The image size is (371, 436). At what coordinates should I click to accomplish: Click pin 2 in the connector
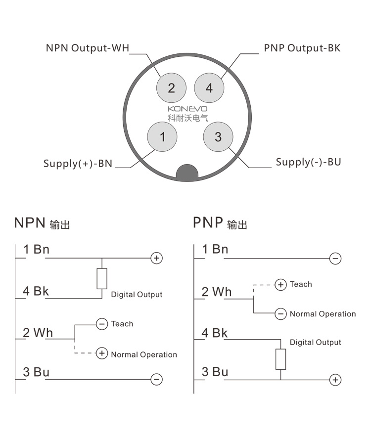tap(171, 88)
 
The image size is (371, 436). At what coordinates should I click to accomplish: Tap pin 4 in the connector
tap(209, 88)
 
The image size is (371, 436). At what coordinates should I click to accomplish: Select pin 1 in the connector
tap(163, 136)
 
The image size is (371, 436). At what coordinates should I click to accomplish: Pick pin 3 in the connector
tap(218, 136)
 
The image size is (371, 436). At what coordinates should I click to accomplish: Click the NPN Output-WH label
tap(88, 48)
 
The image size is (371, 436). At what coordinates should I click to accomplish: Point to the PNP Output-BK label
tap(302, 48)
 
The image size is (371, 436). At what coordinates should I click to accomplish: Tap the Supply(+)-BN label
tap(78, 163)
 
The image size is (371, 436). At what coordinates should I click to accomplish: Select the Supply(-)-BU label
tap(308, 162)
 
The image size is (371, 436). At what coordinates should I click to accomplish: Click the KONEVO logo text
tap(187, 108)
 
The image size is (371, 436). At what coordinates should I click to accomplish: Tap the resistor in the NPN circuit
tap(102, 279)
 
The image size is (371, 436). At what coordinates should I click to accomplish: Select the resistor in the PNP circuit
tap(280, 359)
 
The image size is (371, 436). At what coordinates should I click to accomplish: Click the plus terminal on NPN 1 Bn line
tap(156, 258)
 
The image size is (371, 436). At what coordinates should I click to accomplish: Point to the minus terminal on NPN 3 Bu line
tap(156, 380)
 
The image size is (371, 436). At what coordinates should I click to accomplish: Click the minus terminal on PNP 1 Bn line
tap(335, 258)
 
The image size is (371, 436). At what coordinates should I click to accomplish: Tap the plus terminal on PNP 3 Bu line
tap(335, 380)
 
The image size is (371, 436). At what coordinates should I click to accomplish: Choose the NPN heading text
tap(30, 222)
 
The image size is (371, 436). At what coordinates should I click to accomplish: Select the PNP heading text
tap(208, 222)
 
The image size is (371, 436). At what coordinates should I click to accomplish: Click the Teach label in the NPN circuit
tap(122, 324)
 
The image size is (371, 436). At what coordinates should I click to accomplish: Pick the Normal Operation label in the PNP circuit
tap(323, 314)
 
